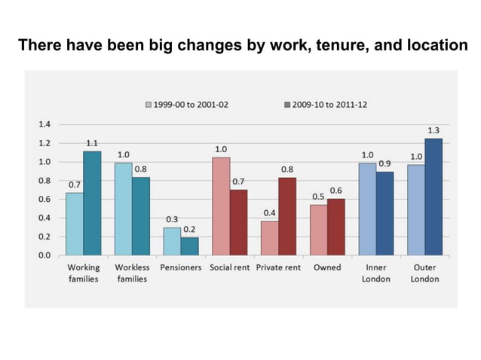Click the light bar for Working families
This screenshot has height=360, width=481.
tap(74, 224)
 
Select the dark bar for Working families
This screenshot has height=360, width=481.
tap(92, 203)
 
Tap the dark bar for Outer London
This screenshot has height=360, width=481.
tap(434, 197)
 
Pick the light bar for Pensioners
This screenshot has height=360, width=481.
tap(172, 241)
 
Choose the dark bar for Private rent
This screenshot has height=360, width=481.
tap(287, 216)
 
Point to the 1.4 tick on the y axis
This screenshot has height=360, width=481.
tap(44, 124)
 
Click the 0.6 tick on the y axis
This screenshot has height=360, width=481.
tap(44, 199)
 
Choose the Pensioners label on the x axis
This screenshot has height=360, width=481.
tap(181, 267)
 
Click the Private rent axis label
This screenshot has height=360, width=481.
tap(278, 267)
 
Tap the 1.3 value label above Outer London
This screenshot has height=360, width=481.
tap(434, 130)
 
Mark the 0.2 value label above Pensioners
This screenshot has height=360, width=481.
tap(189, 229)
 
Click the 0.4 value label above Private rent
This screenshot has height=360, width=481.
tap(269, 213)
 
